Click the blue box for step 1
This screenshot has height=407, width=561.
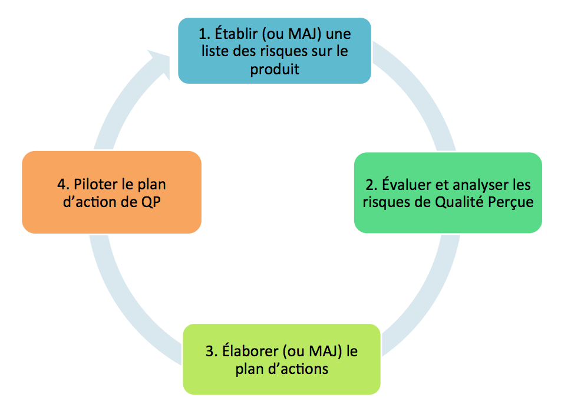click(275, 51)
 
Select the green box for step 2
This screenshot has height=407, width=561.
click(448, 193)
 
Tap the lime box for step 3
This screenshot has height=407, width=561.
click(282, 359)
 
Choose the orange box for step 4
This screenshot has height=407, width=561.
click(111, 192)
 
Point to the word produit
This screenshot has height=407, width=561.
click(275, 70)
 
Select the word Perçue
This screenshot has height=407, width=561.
click(514, 202)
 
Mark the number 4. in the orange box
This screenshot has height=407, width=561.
click(63, 183)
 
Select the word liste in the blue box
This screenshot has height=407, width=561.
click(215, 51)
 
